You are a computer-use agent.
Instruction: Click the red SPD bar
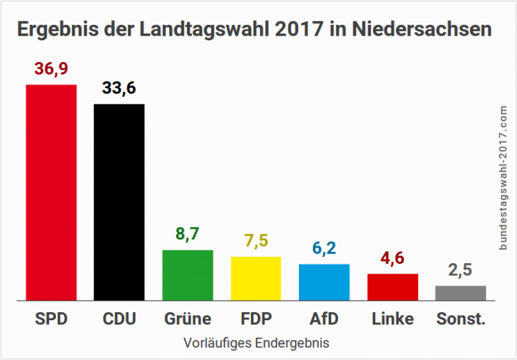(x=51, y=192)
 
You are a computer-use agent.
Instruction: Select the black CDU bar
(x=119, y=202)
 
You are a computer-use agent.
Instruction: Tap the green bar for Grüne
(x=188, y=275)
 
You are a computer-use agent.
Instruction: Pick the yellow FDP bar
(x=256, y=278)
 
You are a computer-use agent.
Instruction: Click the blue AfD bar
(x=324, y=282)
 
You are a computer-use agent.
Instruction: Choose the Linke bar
(x=392, y=287)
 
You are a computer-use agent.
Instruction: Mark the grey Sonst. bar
(x=460, y=293)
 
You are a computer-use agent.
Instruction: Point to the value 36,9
(x=51, y=70)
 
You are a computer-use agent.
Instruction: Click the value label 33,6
(x=119, y=89)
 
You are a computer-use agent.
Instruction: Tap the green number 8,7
(x=188, y=235)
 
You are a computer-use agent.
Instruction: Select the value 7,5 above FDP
(x=256, y=242)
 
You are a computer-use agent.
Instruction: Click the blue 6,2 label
(x=324, y=249)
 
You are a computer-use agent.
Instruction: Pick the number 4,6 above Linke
(x=392, y=258)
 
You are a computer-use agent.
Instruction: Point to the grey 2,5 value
(x=460, y=271)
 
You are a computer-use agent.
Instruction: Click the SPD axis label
(x=51, y=318)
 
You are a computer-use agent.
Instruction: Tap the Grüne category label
(x=188, y=318)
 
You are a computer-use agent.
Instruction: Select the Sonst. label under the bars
(x=460, y=318)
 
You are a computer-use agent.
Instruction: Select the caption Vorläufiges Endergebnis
(x=256, y=343)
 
